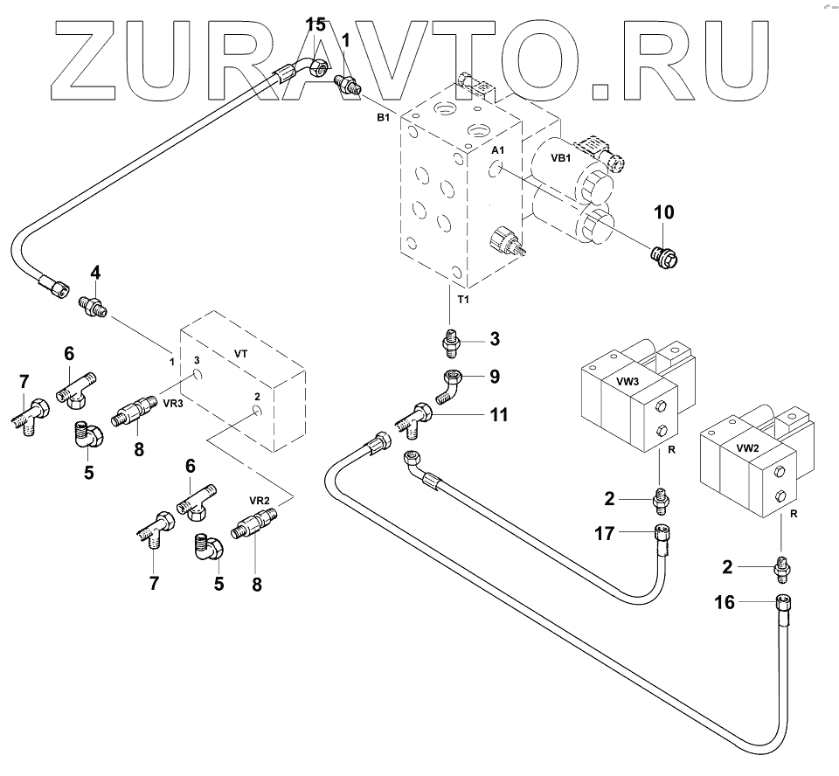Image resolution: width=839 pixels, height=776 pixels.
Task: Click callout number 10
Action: point(663,211)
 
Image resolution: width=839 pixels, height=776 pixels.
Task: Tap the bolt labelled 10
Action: point(666,256)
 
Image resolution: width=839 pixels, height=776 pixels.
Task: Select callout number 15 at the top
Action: point(315,24)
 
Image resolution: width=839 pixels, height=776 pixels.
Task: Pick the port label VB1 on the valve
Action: point(560,159)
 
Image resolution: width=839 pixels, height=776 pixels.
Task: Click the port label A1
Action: point(497,151)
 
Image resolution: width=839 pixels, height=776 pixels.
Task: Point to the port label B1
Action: point(383,116)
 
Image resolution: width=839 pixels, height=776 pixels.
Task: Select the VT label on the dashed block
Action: point(241,354)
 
